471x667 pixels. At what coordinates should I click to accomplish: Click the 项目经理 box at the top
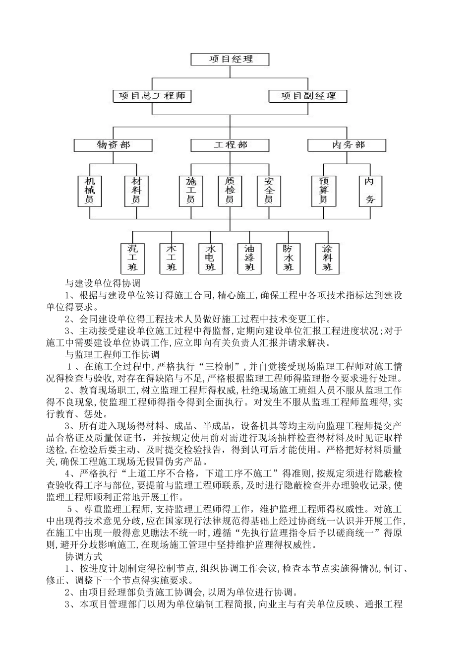pyautogui.click(x=230, y=59)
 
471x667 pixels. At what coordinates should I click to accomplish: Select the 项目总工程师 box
pyautogui.click(x=152, y=96)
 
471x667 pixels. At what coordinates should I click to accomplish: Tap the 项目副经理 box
pyautogui.click(x=308, y=96)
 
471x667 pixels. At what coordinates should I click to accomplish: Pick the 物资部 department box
pyautogui.click(x=113, y=145)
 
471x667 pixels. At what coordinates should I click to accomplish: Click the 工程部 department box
pyautogui.click(x=230, y=145)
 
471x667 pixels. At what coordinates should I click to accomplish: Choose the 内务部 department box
pyautogui.click(x=347, y=145)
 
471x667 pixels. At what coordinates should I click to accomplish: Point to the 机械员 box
pyautogui.click(x=90, y=191)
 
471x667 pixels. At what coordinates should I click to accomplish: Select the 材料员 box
pyautogui.click(x=136, y=191)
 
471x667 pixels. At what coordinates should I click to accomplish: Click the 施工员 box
pyautogui.click(x=191, y=191)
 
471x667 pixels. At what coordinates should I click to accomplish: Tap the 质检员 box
pyautogui.click(x=230, y=191)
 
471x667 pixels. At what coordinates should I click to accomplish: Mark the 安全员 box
pyautogui.click(x=269, y=191)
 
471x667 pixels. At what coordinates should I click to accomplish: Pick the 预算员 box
pyautogui.click(x=323, y=191)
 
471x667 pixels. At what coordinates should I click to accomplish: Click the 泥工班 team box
pyautogui.click(x=132, y=258)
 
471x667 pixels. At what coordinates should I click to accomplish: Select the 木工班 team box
pyautogui.click(x=172, y=258)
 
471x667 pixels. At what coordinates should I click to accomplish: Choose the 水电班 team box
pyautogui.click(x=210, y=258)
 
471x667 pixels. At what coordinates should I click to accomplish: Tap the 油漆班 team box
pyautogui.click(x=249, y=258)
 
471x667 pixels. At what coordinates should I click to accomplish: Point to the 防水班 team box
pyautogui.click(x=288, y=258)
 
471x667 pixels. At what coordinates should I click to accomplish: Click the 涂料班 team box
pyautogui.click(x=327, y=258)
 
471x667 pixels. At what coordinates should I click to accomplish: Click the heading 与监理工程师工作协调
pyautogui.click(x=113, y=354)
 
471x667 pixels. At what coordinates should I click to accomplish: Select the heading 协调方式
pyautogui.click(x=84, y=557)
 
